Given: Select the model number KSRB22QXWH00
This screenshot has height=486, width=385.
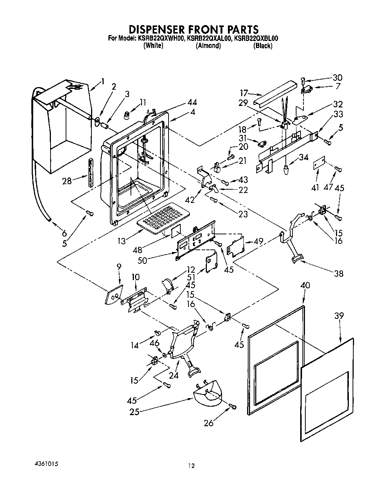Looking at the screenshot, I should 161,38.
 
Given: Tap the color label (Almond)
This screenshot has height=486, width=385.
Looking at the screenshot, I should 208,46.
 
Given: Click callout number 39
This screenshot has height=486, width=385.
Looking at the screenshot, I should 339,316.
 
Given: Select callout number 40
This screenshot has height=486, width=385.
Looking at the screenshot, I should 305,285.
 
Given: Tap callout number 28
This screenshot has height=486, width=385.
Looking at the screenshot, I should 67,181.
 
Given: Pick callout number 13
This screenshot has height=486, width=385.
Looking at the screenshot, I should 122,241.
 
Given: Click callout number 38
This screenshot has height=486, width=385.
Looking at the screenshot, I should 338,273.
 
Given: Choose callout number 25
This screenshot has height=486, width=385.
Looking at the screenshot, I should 134,412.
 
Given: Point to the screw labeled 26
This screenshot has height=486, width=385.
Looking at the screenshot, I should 232,406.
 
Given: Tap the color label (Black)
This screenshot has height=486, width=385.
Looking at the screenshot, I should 263,46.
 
